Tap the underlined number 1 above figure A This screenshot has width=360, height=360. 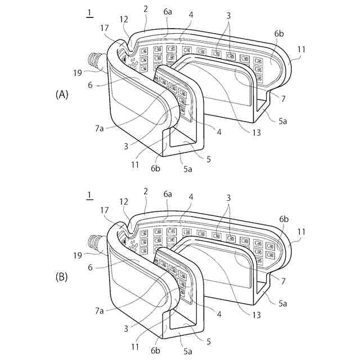pos(89,13)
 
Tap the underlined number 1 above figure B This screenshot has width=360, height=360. pos(89,195)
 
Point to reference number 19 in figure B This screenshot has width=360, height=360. pos(78,254)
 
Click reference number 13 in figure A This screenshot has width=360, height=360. pos(256,133)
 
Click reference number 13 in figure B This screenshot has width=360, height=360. pos(256,316)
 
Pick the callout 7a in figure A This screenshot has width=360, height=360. pos(100,129)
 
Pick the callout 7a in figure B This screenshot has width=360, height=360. pos(100,311)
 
